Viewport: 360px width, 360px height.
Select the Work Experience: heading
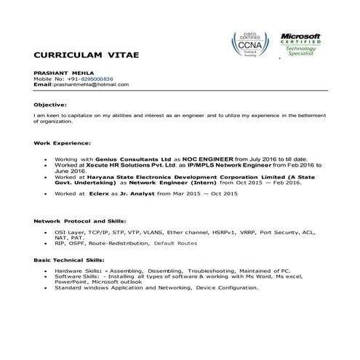(x=63, y=143)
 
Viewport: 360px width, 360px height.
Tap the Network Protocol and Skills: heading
(x=81, y=220)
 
